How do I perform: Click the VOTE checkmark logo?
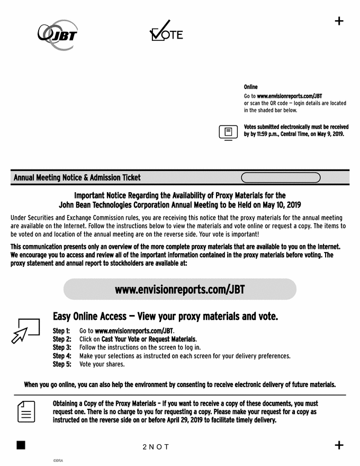pos(166,32)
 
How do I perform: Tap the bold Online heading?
pos(250,87)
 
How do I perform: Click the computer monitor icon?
pos(228,132)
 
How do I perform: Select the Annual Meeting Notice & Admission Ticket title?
pos(77,178)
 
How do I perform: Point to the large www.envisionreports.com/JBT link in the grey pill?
pos(179,290)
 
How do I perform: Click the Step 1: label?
pos(61,330)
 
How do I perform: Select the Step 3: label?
pos(61,347)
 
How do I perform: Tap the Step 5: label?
pos(61,364)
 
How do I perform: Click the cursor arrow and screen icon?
pos(25,330)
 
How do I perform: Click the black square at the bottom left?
pos(21,445)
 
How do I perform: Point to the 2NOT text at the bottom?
pos(156,447)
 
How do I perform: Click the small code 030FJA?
pos(58,461)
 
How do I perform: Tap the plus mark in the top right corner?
pos(339,21)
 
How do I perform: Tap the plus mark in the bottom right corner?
pos(339,445)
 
